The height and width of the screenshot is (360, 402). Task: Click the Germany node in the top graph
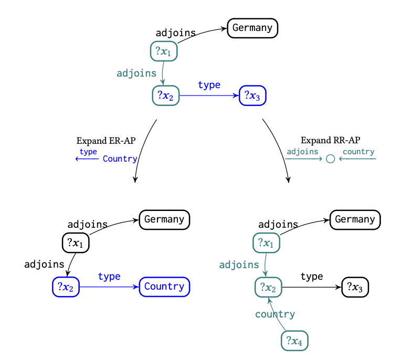coord(252,28)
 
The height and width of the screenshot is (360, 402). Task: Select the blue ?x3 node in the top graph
coord(252,96)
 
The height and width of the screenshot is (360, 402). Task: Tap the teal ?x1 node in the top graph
coord(164,51)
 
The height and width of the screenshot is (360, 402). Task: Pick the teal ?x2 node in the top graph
coord(166,96)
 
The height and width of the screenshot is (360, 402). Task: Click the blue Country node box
coord(164,287)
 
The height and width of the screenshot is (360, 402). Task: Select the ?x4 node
coord(294,341)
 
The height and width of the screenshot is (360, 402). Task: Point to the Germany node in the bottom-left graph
coord(164,219)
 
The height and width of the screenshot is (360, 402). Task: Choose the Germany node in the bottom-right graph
coord(355,219)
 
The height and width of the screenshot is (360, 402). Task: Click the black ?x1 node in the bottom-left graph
coord(76,242)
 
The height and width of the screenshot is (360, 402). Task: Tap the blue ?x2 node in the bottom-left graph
coord(66,287)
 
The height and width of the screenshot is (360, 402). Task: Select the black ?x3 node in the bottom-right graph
coord(355,287)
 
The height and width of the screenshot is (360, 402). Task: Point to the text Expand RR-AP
coord(331,140)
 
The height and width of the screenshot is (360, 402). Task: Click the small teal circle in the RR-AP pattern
coord(331,158)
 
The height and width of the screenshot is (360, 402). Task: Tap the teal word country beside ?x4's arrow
coord(275,314)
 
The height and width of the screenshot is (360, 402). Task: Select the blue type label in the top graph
coord(209,85)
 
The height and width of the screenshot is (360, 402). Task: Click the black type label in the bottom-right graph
coord(312,277)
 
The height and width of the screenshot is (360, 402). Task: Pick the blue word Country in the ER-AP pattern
coord(120,159)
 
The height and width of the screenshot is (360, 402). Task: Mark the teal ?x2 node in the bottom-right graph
coord(268,287)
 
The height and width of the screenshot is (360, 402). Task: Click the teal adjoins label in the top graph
coord(136,73)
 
